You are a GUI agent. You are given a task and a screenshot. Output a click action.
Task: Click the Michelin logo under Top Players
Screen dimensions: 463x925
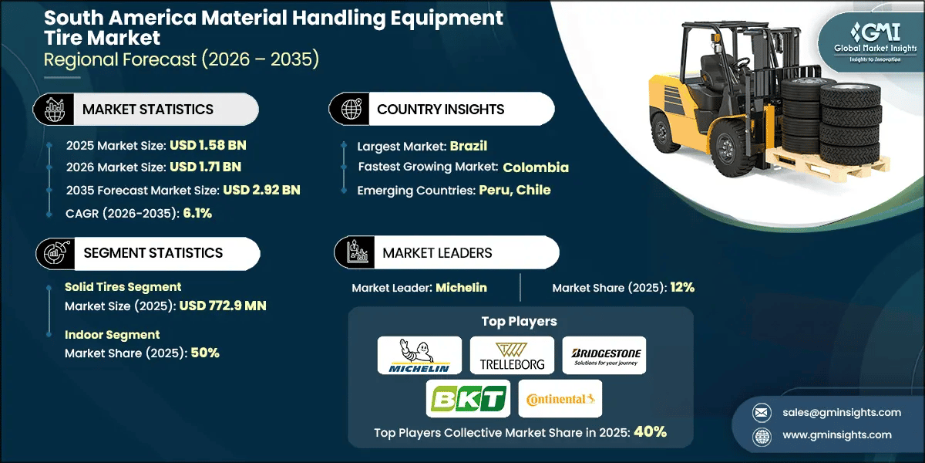(x=419, y=355)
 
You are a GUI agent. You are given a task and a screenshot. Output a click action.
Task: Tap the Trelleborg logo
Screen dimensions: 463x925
(x=512, y=355)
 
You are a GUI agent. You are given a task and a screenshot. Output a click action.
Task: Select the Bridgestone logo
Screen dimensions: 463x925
(x=604, y=355)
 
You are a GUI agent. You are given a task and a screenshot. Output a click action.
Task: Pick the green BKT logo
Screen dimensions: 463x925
(x=468, y=399)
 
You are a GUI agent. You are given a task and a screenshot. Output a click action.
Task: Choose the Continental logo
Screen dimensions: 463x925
(x=560, y=399)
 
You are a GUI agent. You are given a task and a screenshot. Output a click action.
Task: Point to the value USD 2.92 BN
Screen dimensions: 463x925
(x=261, y=190)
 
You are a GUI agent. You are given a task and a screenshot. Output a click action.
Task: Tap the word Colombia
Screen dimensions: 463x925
(x=536, y=167)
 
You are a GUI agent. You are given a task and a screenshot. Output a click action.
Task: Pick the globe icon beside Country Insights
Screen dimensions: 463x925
(x=351, y=109)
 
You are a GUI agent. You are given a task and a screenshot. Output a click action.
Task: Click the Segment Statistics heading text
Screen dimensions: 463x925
(x=153, y=253)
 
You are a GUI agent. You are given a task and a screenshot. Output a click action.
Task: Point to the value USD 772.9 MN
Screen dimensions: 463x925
(x=223, y=306)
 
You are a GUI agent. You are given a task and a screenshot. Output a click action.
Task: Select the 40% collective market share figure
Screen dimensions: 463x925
(x=650, y=432)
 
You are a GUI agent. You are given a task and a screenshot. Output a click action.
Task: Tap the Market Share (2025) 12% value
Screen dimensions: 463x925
(x=682, y=287)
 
